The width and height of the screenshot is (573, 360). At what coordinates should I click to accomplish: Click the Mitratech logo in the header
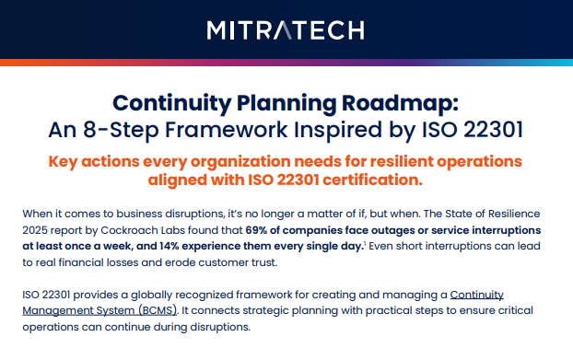286,30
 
